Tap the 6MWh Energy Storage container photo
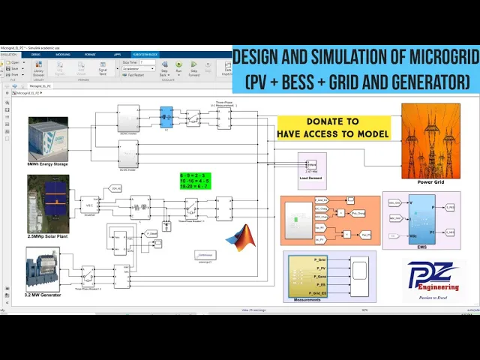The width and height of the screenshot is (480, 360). pyautogui.click(x=48, y=139)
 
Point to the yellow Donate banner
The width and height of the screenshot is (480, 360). pyautogui.click(x=334, y=127)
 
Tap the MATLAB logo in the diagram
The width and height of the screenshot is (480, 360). pyautogui.click(x=241, y=237)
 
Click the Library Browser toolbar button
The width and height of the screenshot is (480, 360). pyautogui.click(x=39, y=69)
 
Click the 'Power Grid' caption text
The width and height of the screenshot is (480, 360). pyautogui.click(x=430, y=182)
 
